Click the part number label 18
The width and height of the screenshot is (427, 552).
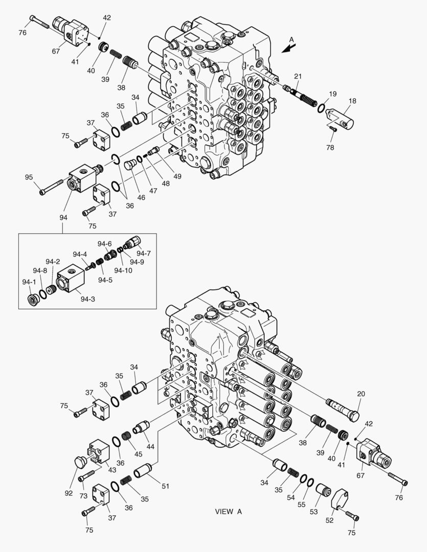click(352, 101)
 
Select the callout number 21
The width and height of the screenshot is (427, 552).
click(298, 77)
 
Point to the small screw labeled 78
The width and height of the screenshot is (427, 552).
click(333, 128)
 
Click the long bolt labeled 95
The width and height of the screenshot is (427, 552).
click(51, 187)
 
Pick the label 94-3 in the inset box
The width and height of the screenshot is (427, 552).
click(87, 299)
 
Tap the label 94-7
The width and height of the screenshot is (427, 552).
click(144, 253)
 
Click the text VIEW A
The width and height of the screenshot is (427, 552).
click(228, 512)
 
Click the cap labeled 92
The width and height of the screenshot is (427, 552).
click(80, 462)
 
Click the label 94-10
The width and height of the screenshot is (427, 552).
click(123, 270)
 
